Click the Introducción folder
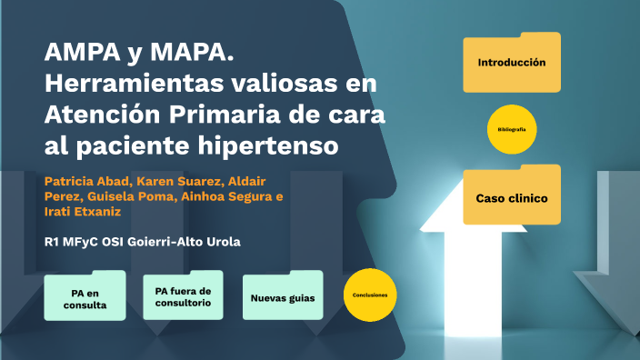pos(511,64)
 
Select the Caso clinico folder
pos(511,197)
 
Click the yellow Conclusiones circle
pos(371,295)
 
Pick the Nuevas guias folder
pos(282,297)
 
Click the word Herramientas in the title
pos(132,84)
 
